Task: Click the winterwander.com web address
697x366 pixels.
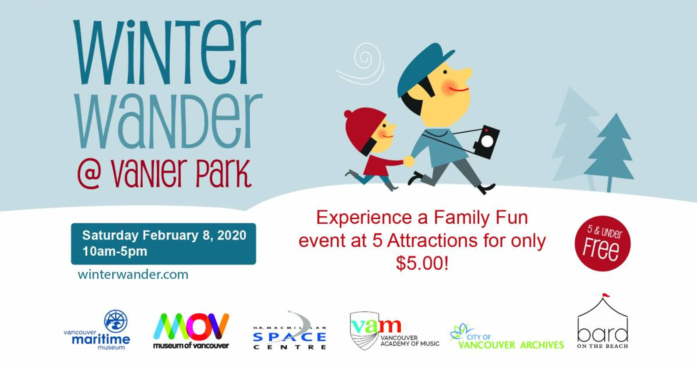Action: point(133,274)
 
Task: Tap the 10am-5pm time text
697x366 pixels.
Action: point(115,251)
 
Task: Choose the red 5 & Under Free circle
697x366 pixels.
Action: point(603,243)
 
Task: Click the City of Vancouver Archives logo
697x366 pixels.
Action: point(507,336)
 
